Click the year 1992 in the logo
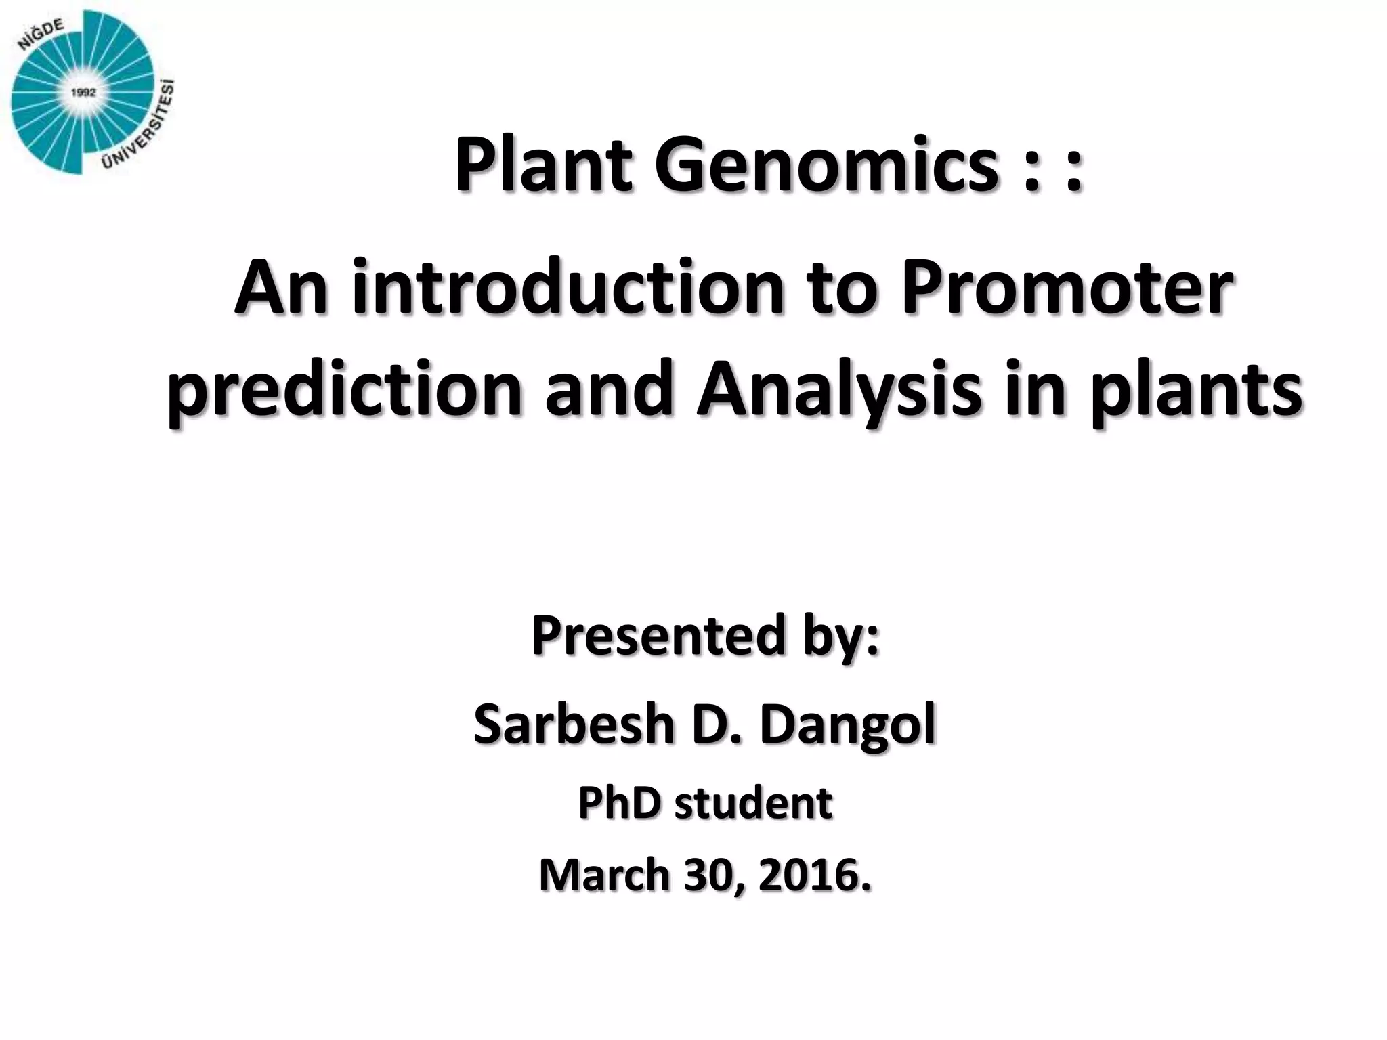click(83, 93)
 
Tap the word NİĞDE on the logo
click(41, 33)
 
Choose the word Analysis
click(839, 393)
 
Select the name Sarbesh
click(573, 723)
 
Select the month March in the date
click(605, 875)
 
